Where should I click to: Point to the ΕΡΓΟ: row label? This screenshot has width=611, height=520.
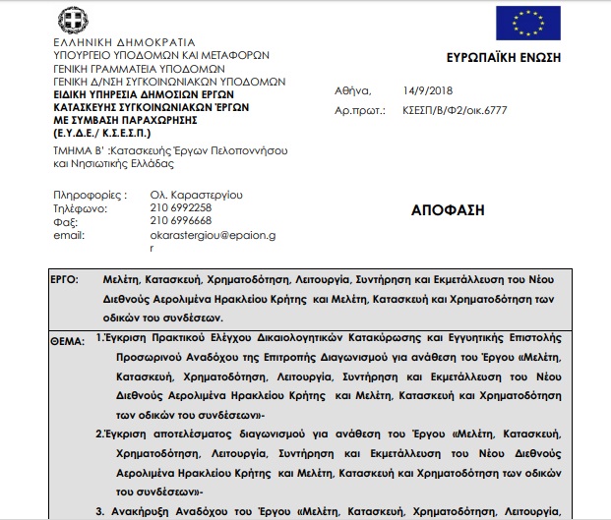click(64, 281)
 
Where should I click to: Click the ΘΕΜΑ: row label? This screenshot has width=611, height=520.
click(67, 339)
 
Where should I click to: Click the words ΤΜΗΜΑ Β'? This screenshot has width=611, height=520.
click(80, 150)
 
